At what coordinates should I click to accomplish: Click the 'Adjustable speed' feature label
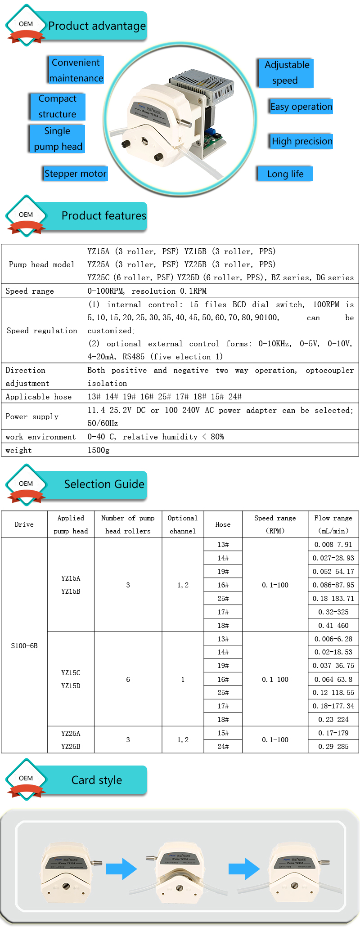pyautogui.click(x=286, y=72)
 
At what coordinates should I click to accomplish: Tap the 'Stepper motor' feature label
pyautogui.click(x=76, y=174)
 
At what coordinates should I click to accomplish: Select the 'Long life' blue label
pyautogui.click(x=285, y=174)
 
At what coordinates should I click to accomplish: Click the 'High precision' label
pyautogui.click(x=301, y=141)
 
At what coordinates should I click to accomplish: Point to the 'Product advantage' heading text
pyautogui.click(x=97, y=26)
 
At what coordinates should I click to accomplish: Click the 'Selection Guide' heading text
pyautogui.click(x=104, y=484)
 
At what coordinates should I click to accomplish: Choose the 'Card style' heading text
pyautogui.click(x=96, y=780)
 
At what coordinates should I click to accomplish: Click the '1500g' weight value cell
pyautogui.click(x=99, y=450)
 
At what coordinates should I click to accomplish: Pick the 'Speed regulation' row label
pyautogui.click(x=42, y=331)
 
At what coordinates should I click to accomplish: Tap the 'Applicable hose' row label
pyautogui.click(x=39, y=397)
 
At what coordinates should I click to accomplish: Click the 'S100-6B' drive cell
pyautogui.click(x=24, y=645)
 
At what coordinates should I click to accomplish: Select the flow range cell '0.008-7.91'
pyautogui.click(x=333, y=545)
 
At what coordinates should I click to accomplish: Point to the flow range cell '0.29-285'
pyautogui.click(x=333, y=746)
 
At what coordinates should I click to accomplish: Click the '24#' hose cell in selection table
pyautogui.click(x=223, y=746)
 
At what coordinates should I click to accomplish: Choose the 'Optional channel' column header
pyautogui.click(x=183, y=524)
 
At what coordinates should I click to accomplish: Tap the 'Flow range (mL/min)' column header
pyautogui.click(x=333, y=524)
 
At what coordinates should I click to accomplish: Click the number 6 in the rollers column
pyautogui.click(x=128, y=679)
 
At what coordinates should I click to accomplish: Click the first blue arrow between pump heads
pyautogui.click(x=121, y=869)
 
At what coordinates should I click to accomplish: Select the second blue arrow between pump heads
pyautogui.click(x=244, y=869)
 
